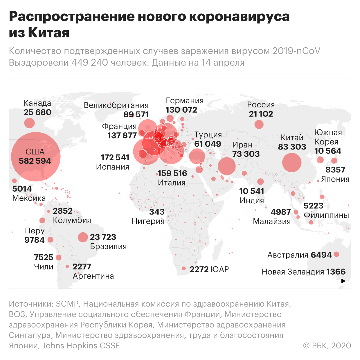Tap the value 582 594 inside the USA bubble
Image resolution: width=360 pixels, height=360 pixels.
tap(35, 161)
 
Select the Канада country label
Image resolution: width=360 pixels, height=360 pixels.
tap(37, 103)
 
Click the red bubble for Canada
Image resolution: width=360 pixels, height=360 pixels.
tap(29, 123)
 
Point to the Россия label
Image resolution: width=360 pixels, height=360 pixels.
tap(261, 105)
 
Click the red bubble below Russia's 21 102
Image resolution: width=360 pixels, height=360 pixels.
tap(259, 125)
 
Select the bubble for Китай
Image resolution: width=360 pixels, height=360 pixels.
tap(292, 163)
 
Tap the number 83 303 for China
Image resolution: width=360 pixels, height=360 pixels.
tap(292, 147)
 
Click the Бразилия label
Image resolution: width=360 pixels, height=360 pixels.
tap(108, 246)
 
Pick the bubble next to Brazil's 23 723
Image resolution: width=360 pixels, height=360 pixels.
tap(83, 237)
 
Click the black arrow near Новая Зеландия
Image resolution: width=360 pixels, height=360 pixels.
tap(334, 281)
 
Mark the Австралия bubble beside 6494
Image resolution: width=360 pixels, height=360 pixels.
tap(336, 254)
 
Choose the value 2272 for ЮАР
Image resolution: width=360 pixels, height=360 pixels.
tap(199, 269)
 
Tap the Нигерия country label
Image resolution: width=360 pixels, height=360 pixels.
tap(148, 221)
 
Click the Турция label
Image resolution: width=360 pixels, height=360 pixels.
tap(208, 135)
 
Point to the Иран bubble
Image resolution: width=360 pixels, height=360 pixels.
tap(226, 166)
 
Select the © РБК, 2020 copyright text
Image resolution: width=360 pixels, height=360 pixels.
tap(327, 345)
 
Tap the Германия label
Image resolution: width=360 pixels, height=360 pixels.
tap(185, 100)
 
